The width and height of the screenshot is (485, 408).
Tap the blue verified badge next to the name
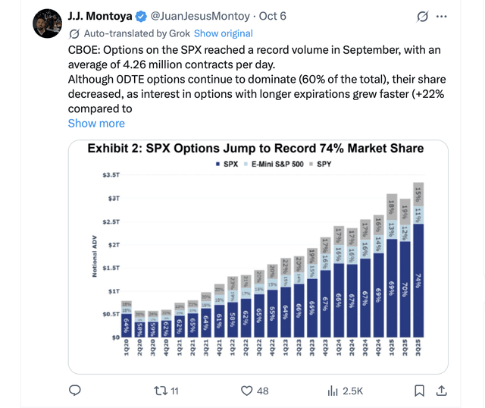(x=141, y=16)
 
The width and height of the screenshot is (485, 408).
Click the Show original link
(x=223, y=33)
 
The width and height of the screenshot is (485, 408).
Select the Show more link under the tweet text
(x=96, y=123)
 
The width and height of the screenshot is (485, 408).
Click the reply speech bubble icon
(x=75, y=391)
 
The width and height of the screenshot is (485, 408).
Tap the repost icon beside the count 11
(x=159, y=391)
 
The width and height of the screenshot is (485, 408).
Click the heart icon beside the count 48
(x=246, y=391)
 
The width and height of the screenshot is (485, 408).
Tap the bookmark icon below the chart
(x=419, y=391)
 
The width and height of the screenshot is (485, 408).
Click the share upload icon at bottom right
(x=443, y=391)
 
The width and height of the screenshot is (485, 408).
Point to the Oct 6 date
(x=272, y=16)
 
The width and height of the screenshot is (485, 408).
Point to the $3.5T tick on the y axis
(x=110, y=175)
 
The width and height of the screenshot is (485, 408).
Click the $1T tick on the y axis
(x=112, y=291)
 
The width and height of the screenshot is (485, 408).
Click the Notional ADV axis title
(x=94, y=256)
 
